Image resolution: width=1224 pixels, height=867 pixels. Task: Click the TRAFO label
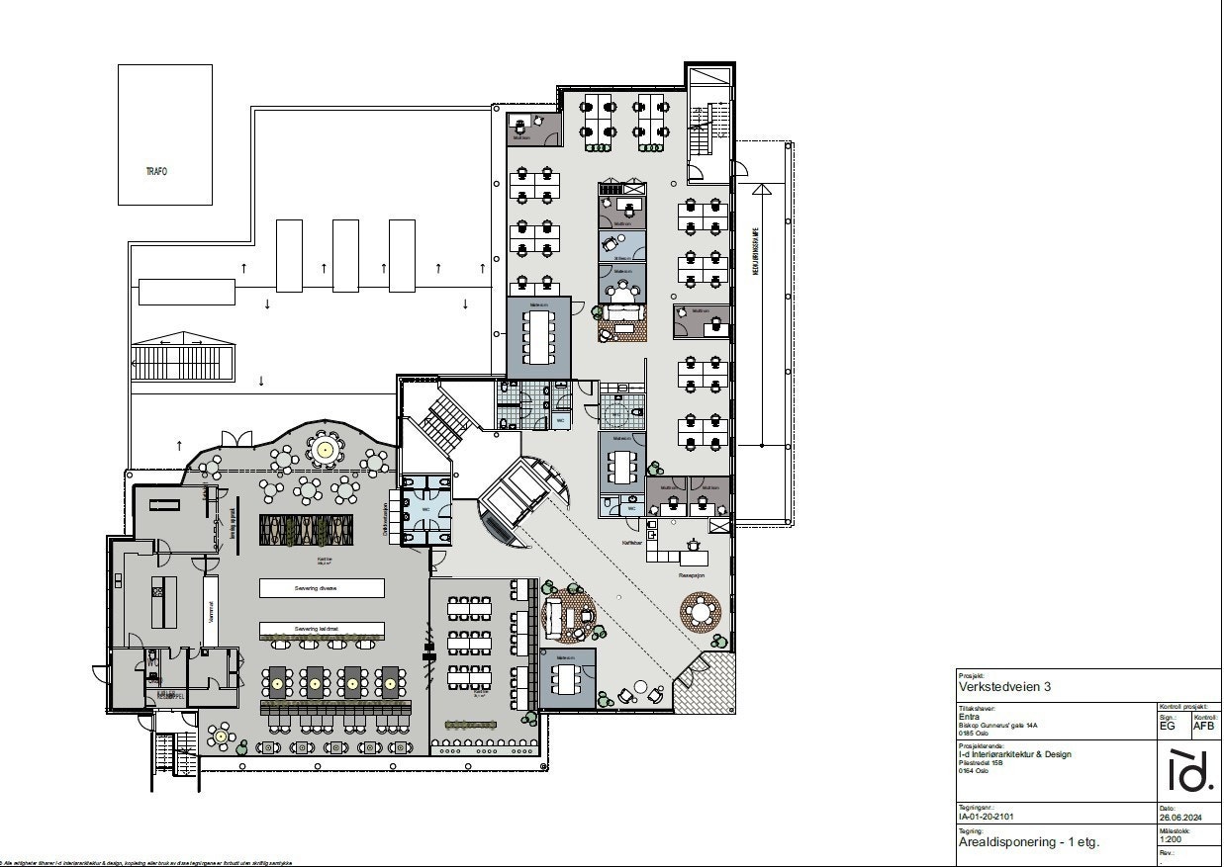point(156,171)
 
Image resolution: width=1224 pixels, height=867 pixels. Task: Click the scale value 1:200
point(1171,838)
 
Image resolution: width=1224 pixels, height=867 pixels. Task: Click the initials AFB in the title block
point(1203,726)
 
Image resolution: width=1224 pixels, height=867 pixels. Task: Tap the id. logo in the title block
point(1190,771)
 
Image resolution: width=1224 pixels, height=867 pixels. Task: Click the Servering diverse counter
point(322,587)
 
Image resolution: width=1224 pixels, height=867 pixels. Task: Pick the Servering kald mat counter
point(322,629)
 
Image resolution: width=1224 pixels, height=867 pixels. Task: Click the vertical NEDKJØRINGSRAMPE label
point(755,261)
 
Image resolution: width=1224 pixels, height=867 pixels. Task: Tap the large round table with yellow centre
point(325,451)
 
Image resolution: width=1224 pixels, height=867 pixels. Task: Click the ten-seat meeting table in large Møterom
point(539,337)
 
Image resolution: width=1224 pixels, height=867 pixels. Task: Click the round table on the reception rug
point(701,611)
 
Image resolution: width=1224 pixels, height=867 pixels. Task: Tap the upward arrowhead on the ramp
point(760,188)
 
